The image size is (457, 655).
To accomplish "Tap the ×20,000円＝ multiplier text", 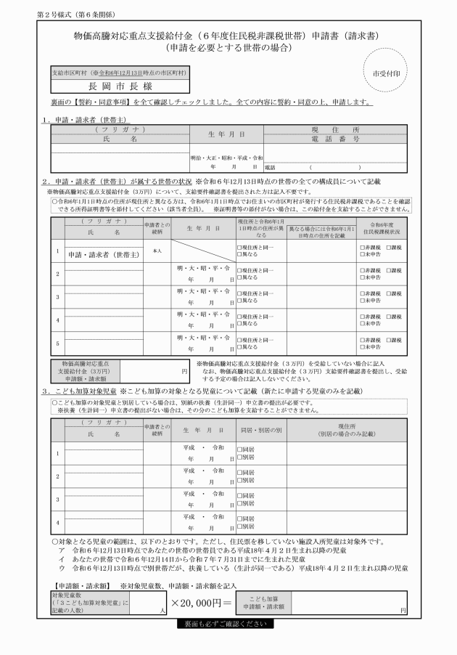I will pyautogui.click(x=202, y=603).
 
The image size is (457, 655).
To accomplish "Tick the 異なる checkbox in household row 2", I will pyautogui.click(x=239, y=278).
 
